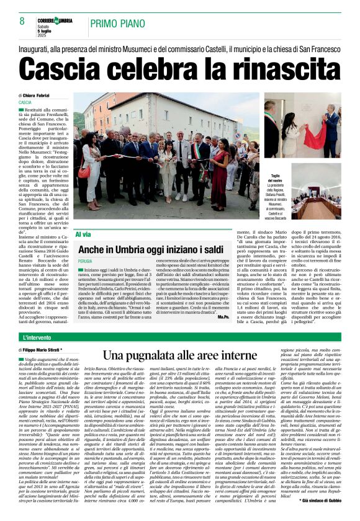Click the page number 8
22,22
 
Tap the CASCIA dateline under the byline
25,102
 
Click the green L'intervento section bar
179,338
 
